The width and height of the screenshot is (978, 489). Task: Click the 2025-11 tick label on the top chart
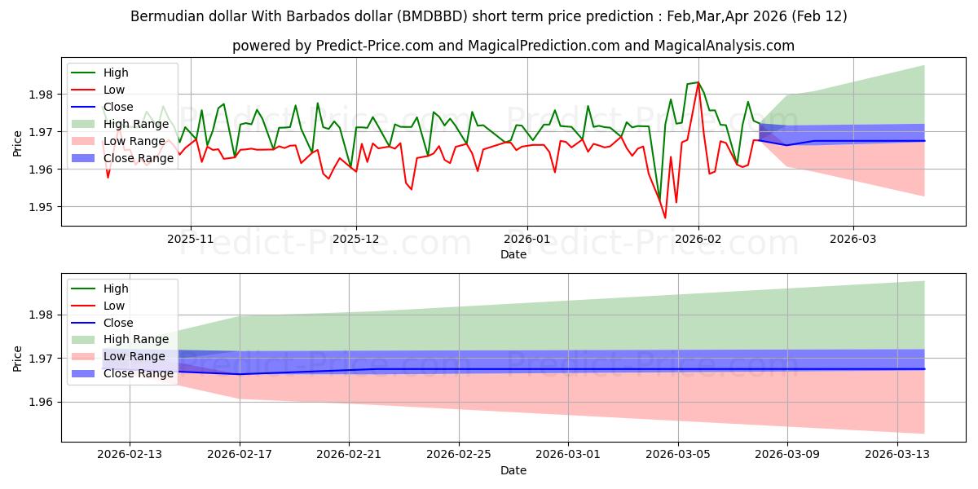191,240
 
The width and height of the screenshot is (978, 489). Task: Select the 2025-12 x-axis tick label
355,240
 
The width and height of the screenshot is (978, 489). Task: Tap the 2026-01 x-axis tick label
526,240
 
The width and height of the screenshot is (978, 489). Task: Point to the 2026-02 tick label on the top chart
698,240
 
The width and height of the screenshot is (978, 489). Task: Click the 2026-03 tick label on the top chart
853,240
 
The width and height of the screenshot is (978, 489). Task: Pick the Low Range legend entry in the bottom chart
134,356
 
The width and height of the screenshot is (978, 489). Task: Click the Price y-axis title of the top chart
18,143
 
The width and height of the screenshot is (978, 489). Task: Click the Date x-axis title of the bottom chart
513,470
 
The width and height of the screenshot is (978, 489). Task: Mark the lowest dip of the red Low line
665,218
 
